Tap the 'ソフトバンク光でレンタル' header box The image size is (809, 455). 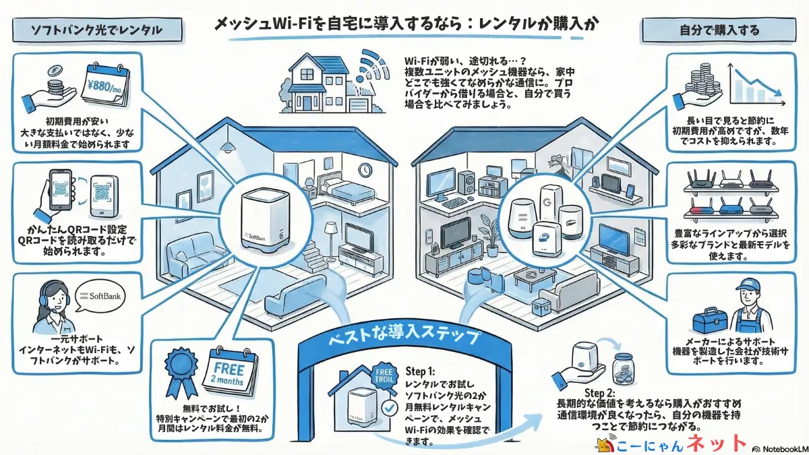tap(96, 30)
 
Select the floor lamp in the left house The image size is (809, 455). tap(330, 240)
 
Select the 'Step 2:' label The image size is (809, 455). tap(599, 394)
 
